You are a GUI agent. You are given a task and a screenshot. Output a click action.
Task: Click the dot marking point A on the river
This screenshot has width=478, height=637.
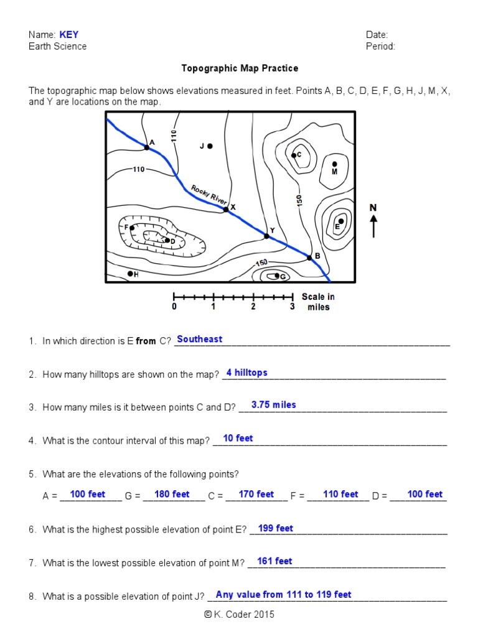click(x=146, y=147)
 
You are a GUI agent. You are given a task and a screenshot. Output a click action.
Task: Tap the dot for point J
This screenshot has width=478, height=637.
click(x=210, y=146)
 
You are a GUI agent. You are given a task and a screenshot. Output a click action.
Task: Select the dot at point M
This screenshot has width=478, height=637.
click(x=334, y=164)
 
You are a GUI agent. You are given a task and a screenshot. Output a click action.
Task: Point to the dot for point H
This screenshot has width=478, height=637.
click(x=130, y=273)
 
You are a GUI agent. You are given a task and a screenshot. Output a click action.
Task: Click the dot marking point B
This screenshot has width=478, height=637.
click(x=309, y=258)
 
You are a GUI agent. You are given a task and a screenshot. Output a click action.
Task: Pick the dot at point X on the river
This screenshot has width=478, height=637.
click(x=226, y=210)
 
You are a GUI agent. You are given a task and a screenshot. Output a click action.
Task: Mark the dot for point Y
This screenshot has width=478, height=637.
click(x=266, y=236)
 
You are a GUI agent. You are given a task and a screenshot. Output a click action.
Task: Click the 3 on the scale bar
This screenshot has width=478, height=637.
click(x=292, y=307)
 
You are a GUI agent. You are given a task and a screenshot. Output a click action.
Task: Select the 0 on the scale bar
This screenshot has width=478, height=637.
click(x=174, y=307)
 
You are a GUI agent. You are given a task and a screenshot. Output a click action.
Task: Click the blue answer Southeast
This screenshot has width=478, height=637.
click(x=199, y=339)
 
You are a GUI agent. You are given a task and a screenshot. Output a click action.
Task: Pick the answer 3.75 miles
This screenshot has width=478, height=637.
click(x=273, y=405)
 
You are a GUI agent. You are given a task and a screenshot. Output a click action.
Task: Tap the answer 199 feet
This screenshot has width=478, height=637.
click(x=275, y=528)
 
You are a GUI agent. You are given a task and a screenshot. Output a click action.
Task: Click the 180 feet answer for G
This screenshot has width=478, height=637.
click(x=172, y=494)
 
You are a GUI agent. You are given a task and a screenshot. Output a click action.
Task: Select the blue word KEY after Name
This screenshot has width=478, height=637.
click(x=69, y=35)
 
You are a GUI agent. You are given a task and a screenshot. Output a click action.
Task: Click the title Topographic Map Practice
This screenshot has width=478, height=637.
click(x=240, y=68)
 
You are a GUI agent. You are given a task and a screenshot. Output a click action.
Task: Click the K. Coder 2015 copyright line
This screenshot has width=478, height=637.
click(x=239, y=615)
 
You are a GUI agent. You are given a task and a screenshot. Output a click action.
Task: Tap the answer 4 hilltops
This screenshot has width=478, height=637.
click(x=246, y=373)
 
